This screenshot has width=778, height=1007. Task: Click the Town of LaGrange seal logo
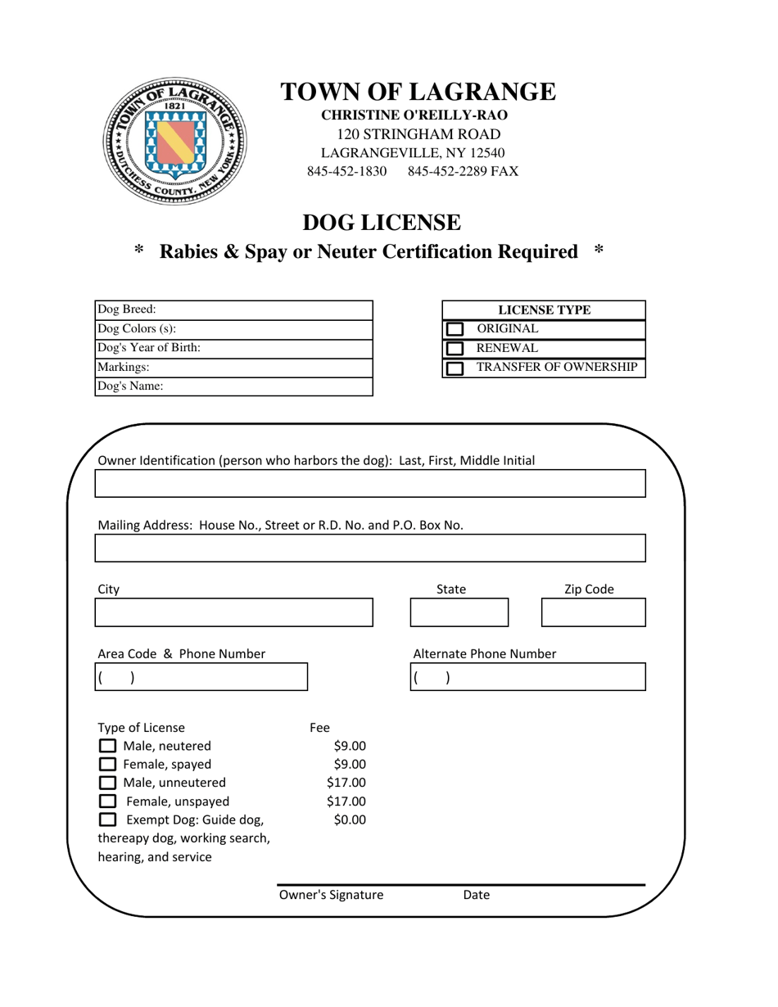(x=175, y=141)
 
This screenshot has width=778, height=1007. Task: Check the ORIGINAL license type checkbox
(x=454, y=329)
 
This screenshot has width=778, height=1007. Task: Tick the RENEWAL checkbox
(x=454, y=349)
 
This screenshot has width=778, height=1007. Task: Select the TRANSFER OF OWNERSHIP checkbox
(x=454, y=368)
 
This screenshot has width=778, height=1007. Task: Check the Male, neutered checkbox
(x=107, y=746)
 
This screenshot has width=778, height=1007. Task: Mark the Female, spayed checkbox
(x=107, y=765)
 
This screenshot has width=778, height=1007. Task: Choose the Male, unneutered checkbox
(x=107, y=783)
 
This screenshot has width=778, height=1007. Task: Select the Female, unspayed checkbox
(x=107, y=802)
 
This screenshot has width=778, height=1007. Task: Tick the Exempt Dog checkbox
(x=107, y=820)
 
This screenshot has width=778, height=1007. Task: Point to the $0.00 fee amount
(x=350, y=820)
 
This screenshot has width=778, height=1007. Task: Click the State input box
(x=459, y=612)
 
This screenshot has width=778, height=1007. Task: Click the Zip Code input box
(x=593, y=612)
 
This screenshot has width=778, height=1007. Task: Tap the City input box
(x=233, y=612)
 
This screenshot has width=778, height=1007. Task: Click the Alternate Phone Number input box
(x=527, y=677)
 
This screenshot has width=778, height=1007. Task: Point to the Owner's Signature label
(x=331, y=895)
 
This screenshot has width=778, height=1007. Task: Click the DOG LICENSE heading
(x=382, y=222)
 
